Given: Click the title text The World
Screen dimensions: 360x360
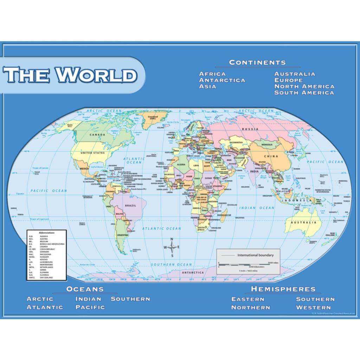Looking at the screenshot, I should (70, 75).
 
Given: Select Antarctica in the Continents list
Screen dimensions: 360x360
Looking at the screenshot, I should (222, 80).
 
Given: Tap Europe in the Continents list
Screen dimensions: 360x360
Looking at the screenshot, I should (289, 80).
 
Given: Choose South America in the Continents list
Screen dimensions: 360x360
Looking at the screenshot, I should (304, 93).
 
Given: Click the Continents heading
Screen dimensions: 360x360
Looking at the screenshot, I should (257, 63).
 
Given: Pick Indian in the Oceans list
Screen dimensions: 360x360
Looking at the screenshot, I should (88, 299).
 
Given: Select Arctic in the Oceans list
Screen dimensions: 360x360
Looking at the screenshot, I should (40, 299).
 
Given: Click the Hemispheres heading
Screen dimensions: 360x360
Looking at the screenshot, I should (283, 289).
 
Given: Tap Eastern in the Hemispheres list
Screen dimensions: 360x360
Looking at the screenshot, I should (248, 299).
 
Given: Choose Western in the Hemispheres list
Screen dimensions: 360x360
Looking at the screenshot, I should (313, 308).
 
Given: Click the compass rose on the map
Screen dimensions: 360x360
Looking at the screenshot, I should (172, 247).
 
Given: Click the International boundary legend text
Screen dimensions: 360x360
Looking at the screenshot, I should (256, 255).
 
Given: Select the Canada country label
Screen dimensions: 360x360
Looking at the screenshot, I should (97, 135).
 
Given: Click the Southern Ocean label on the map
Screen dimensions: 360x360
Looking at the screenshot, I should (172, 265).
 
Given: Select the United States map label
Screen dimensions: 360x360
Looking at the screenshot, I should (92, 153).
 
